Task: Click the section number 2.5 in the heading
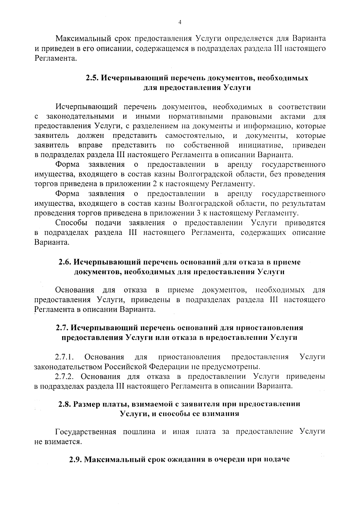pyautogui.click(x=91, y=78)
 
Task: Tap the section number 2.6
pyautogui.click(x=65, y=262)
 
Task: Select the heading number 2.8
pyautogui.click(x=65, y=404)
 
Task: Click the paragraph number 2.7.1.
pyautogui.click(x=64, y=357)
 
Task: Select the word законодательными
pyautogui.click(x=80, y=116)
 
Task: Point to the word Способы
pyautogui.click(x=71, y=223)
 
